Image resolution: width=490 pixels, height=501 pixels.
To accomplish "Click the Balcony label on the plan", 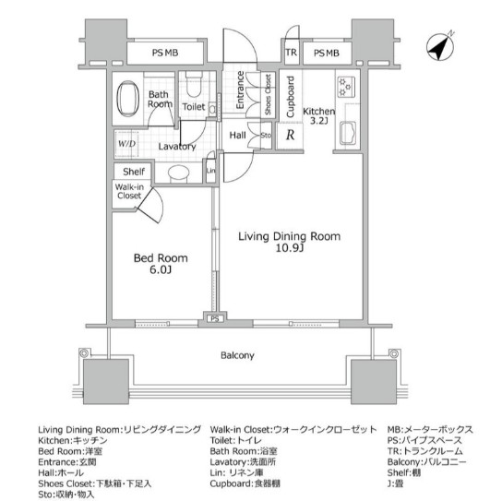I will [x=236, y=355].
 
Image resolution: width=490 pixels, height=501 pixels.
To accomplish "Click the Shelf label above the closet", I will [x=128, y=170].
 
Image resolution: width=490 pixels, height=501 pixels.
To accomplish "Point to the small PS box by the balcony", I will [x=215, y=320].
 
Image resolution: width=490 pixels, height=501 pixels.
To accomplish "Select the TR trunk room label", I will [x=291, y=54].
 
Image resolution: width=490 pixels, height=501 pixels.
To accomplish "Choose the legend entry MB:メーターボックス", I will [x=429, y=430].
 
